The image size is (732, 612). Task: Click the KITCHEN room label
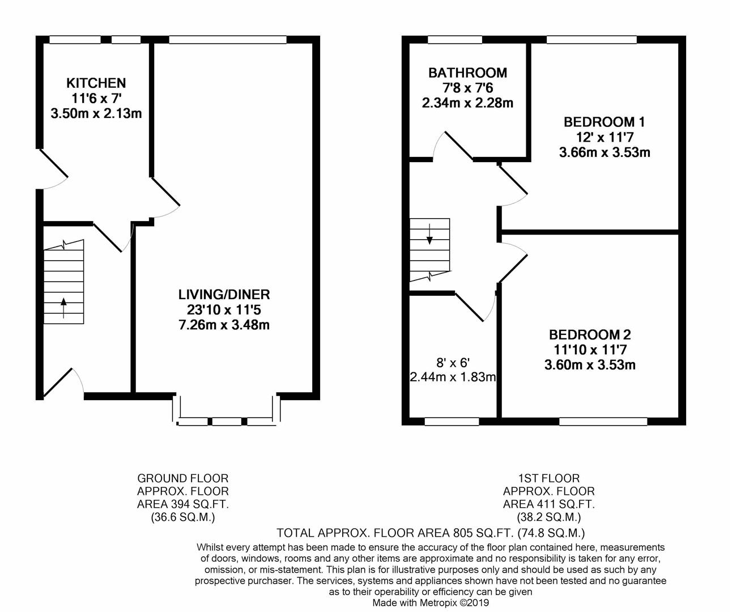tap(96, 83)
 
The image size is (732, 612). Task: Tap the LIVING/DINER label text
tap(224, 295)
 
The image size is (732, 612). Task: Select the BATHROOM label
tap(467, 73)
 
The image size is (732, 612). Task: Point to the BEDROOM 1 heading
tap(604, 122)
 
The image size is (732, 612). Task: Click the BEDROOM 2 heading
tap(590, 334)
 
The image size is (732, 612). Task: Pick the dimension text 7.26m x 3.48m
tap(224, 325)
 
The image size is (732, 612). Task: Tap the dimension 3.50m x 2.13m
tap(96, 113)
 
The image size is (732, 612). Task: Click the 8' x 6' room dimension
tap(453, 362)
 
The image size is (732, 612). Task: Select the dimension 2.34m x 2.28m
tap(467, 103)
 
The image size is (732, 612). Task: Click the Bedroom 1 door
tap(513, 185)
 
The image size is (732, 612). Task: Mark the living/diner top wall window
tap(228, 40)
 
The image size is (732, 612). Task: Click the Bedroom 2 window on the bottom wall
tap(603, 421)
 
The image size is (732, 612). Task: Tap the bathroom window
tap(455, 40)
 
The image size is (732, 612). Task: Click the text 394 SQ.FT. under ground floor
tap(183, 504)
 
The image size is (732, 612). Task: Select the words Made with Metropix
tap(414, 603)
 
